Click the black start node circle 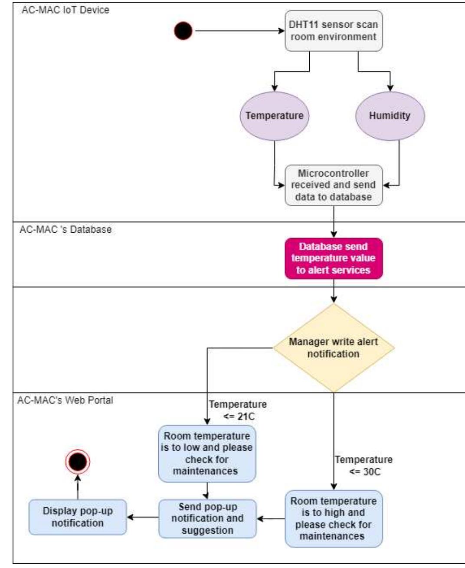[183, 31]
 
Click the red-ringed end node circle [78, 461]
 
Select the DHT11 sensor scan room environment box [334, 31]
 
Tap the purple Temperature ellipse [275, 116]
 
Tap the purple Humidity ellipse [390, 116]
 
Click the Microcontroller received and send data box [334, 185]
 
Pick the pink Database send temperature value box [334, 258]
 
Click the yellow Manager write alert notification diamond [334, 347]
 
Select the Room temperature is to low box [207, 453]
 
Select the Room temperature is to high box [334, 518]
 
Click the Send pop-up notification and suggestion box [207, 518]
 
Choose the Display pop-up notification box [78, 517]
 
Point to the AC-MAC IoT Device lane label [65, 10]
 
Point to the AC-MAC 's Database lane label [65, 229]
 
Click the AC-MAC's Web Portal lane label [65, 400]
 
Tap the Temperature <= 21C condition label [238, 410]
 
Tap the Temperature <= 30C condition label [363, 466]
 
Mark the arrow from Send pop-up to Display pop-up [143, 517]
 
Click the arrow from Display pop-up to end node [78, 486]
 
